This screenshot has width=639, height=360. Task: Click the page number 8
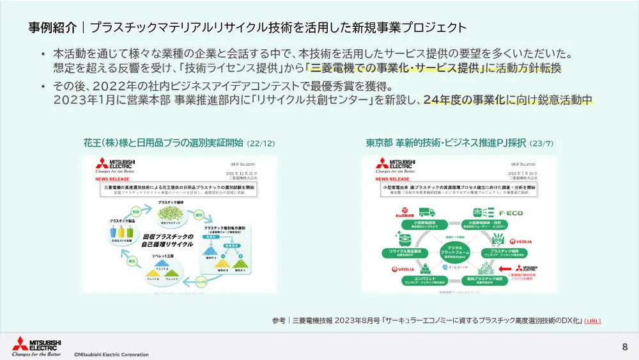[624, 347]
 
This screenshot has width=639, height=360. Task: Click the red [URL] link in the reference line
[592, 320]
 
